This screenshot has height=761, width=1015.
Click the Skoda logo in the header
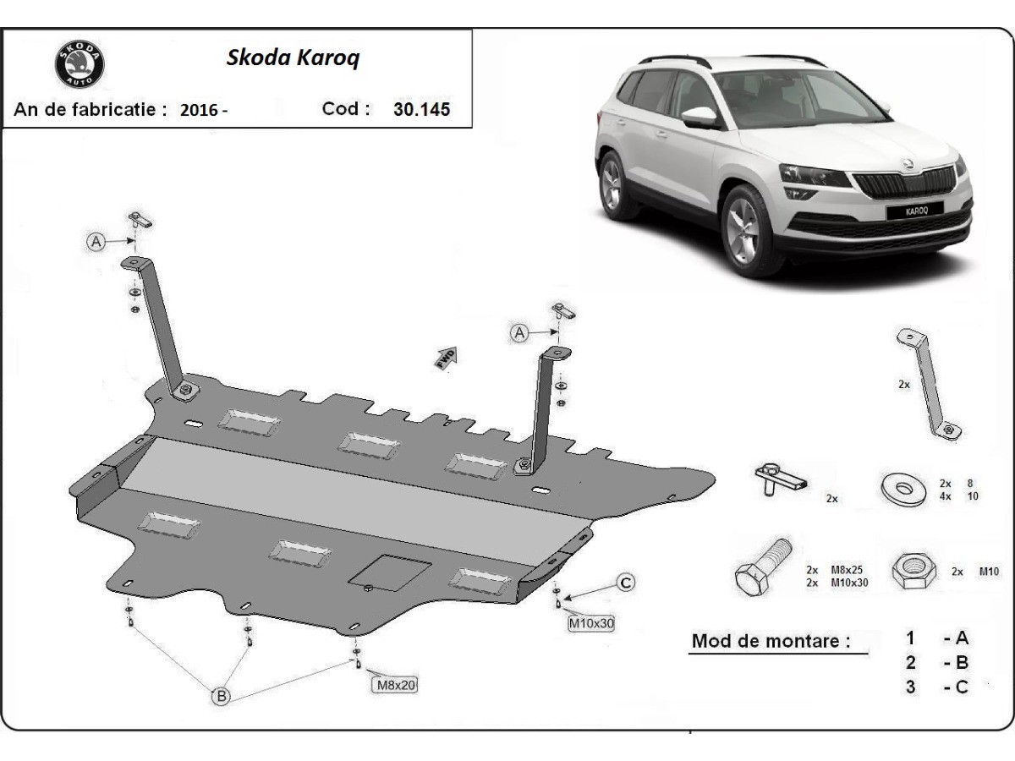[80, 64]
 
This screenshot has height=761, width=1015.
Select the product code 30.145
[421, 109]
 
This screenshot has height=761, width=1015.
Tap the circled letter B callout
[221, 696]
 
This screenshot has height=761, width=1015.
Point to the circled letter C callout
[625, 582]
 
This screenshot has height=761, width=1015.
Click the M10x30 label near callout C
[590, 624]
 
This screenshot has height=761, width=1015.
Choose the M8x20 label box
[394, 685]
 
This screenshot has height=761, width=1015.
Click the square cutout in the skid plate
[392, 572]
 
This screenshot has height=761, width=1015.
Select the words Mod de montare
[771, 640]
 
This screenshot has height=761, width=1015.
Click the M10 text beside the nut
[987, 572]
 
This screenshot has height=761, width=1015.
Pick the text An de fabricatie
[90, 109]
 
